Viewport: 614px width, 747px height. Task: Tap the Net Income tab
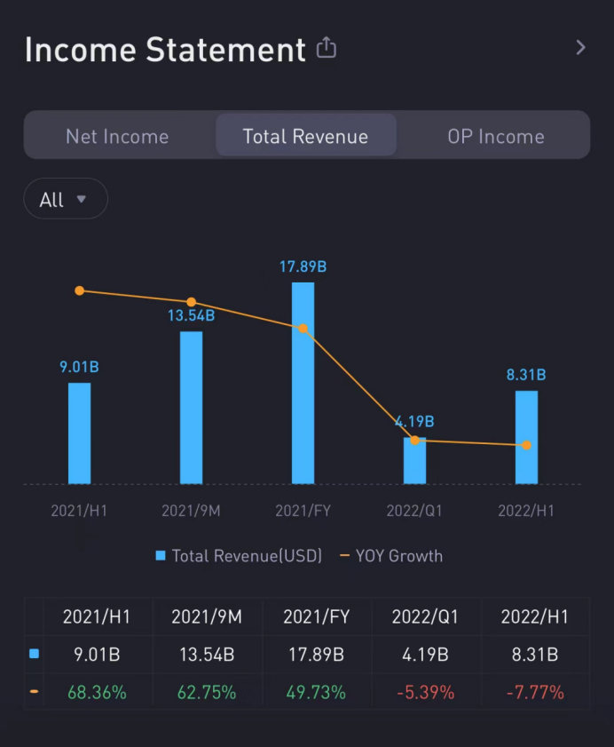(x=117, y=136)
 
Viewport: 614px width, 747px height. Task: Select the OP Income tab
(x=496, y=136)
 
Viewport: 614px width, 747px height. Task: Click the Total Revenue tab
(x=306, y=136)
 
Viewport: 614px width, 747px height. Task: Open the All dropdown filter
(x=65, y=199)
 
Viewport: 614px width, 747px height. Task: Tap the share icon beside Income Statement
(x=327, y=48)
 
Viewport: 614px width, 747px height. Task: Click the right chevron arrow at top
(x=580, y=48)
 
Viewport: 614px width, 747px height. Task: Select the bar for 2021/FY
(x=303, y=383)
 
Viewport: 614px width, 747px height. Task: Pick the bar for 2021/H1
(x=79, y=433)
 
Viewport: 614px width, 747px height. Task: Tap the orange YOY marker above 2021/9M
(x=192, y=302)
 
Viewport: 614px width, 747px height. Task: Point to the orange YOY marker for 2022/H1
(x=526, y=445)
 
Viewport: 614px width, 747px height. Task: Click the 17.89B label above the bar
(x=303, y=266)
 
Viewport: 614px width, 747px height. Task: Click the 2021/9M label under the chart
(x=191, y=511)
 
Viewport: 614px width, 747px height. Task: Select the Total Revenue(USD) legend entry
(x=239, y=556)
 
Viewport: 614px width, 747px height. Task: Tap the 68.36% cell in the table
(x=97, y=692)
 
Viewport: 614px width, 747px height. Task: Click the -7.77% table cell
(x=534, y=692)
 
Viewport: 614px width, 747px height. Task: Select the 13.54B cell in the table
(x=207, y=655)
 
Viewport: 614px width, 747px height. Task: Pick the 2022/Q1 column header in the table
(x=424, y=616)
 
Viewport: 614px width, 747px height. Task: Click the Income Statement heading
(x=165, y=50)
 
